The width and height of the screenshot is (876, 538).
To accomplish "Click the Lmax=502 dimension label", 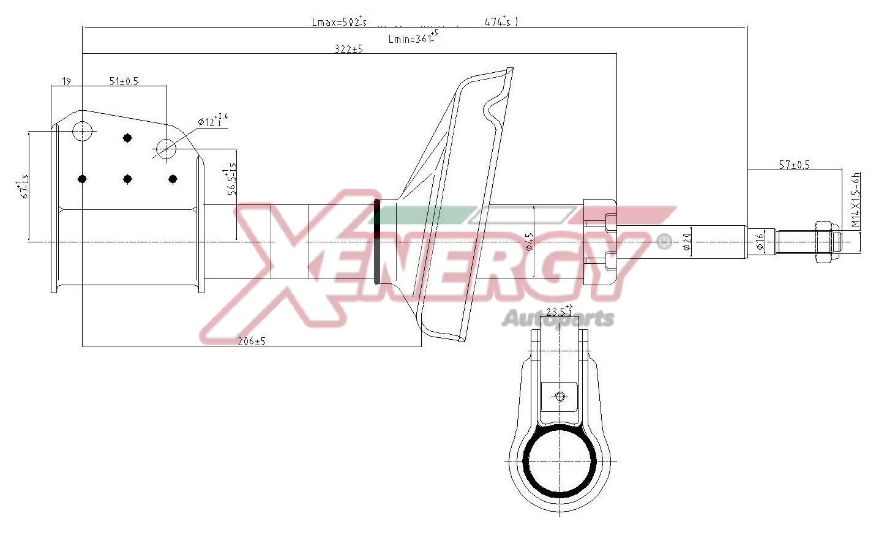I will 339,22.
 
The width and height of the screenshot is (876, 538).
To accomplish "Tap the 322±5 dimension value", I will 348,49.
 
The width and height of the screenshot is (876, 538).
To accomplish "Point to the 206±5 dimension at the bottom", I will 251,341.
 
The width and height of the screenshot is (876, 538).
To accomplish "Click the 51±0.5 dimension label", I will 124,81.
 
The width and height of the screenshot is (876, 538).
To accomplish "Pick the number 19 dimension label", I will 67,81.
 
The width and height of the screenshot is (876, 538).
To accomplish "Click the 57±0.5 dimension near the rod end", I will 794,164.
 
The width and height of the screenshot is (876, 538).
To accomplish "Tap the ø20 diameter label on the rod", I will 686,241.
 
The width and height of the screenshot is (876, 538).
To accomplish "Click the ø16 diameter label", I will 760,242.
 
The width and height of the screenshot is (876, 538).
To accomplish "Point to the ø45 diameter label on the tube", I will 530,242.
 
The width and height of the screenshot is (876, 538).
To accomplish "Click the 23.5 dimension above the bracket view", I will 560,311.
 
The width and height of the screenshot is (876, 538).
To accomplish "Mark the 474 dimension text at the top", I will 500,22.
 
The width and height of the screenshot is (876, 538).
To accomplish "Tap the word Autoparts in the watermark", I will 557,319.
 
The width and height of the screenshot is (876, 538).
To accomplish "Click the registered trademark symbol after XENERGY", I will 663,242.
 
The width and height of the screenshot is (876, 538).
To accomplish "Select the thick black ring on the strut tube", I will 376,242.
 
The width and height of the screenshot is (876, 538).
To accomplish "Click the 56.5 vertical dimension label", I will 231,179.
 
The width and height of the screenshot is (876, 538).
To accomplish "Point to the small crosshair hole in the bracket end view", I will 560,397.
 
